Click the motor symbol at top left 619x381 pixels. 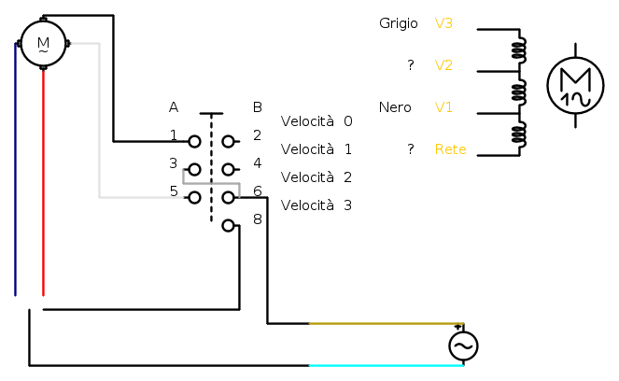(43, 43)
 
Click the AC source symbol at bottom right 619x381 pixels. (463, 346)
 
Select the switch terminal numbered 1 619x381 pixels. (194, 142)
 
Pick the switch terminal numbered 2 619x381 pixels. (228, 142)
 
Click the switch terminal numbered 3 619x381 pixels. (194, 170)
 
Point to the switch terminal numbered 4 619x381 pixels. (228, 170)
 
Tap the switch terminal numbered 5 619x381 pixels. (194, 198)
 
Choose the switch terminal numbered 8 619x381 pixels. (228, 225)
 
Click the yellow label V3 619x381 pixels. (443, 22)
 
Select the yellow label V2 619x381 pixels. (443, 65)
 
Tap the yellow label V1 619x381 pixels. (443, 107)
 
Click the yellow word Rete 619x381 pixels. (450, 149)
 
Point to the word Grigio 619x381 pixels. (399, 22)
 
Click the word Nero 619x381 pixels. (395, 107)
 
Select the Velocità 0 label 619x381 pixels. (317, 121)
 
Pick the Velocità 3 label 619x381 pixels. (317, 205)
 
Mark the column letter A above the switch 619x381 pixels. (174, 107)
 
